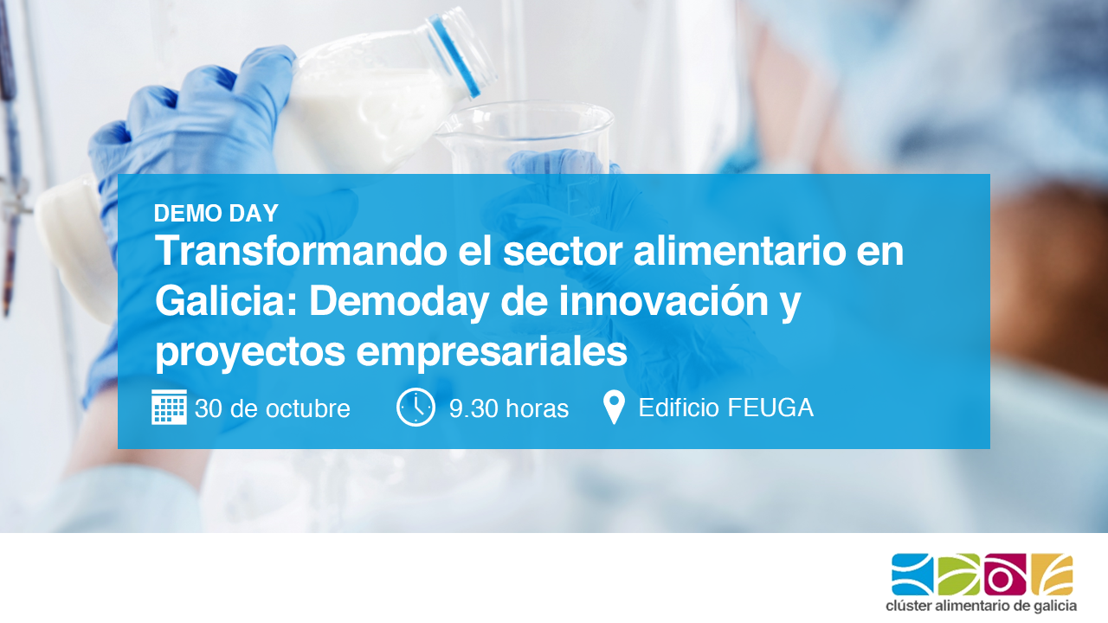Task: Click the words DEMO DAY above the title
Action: [x=216, y=214]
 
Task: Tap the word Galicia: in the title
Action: [x=226, y=301]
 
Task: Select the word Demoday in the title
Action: [x=399, y=304]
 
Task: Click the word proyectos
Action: [x=250, y=354]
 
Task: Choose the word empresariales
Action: [x=492, y=354]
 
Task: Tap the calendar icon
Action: [x=169, y=407]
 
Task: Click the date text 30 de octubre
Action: [x=273, y=409]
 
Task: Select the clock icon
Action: [x=415, y=407]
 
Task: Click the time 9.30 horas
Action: [x=509, y=409]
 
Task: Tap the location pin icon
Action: [x=614, y=407]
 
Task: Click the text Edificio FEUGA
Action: [x=726, y=408]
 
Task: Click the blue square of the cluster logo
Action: [x=912, y=574]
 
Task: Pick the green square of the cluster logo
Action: [x=959, y=574]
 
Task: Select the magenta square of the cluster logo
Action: [x=1005, y=574]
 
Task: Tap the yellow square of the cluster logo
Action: [x=1052, y=574]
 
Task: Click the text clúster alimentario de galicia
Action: [x=982, y=607]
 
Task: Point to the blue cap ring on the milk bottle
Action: [x=454, y=55]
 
